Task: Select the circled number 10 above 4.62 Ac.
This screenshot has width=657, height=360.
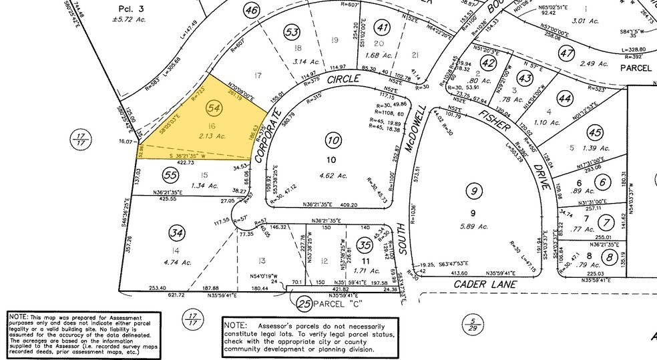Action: (333, 139)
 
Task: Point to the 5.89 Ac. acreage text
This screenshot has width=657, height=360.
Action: (475, 227)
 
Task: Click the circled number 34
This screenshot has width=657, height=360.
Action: (176, 232)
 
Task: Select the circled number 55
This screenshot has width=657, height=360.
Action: (172, 174)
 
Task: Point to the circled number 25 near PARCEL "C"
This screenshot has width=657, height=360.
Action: (304, 305)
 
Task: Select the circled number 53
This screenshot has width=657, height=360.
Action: (291, 31)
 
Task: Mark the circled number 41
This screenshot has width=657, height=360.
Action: (382, 27)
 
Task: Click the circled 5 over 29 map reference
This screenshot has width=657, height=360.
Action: (473, 325)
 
